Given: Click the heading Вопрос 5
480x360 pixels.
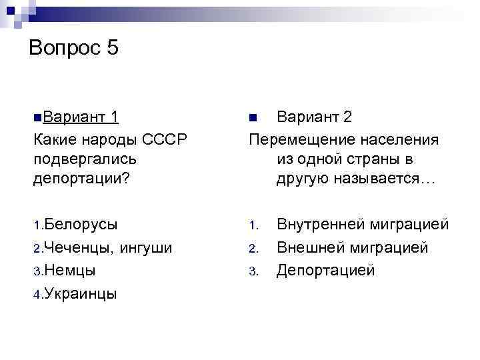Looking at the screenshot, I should pyautogui.click(x=74, y=48).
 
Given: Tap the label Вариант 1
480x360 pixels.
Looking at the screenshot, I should pyautogui.click(x=79, y=118).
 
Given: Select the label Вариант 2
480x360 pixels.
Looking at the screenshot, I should pyautogui.click(x=315, y=118).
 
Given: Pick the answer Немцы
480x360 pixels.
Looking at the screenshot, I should pyautogui.click(x=70, y=270).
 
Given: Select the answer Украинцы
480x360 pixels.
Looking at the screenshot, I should pyautogui.click(x=81, y=293).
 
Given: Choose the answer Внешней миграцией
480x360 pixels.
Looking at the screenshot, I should pyautogui.click(x=352, y=248).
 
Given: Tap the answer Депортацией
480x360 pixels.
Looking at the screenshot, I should pyautogui.click(x=326, y=270).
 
